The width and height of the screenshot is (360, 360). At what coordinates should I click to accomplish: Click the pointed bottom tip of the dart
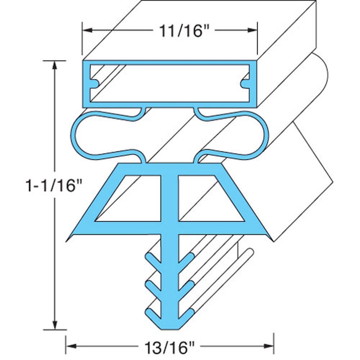pyautogui.click(x=170, y=328)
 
